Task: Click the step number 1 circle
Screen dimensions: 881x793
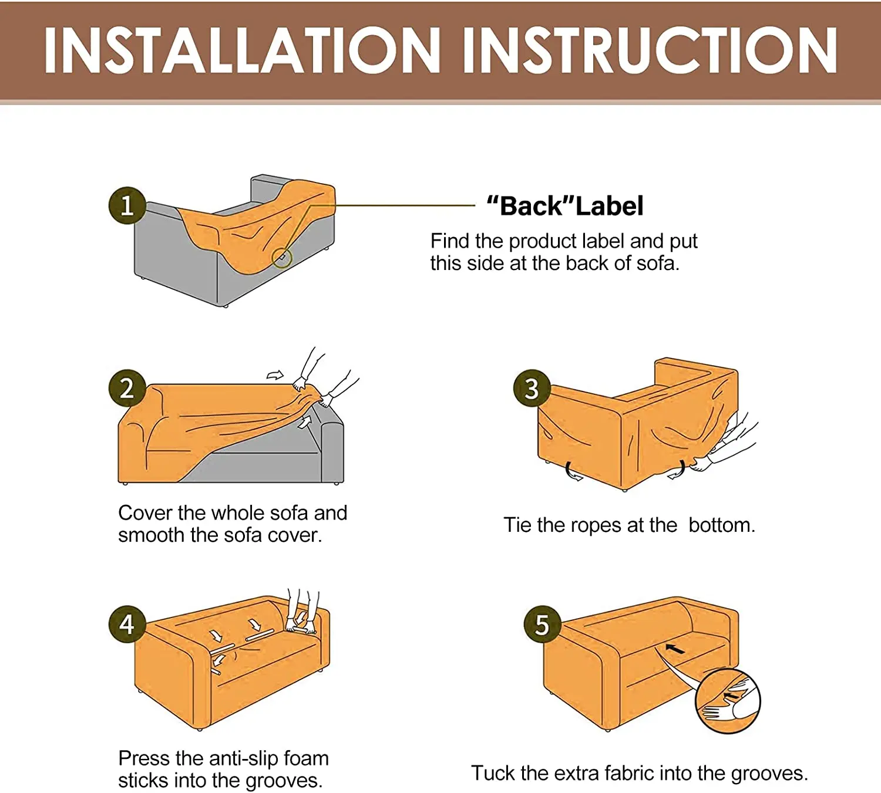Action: point(127,205)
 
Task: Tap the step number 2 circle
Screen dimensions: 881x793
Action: point(127,388)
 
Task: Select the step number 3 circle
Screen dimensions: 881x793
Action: point(532,388)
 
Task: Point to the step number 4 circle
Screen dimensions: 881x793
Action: point(127,625)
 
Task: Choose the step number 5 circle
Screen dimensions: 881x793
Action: point(542,625)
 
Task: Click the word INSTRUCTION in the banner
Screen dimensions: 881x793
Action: point(650,50)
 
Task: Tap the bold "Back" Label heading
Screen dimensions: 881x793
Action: point(565,205)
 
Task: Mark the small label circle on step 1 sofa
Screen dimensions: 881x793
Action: point(282,258)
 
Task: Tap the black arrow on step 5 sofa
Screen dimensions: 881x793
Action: point(675,649)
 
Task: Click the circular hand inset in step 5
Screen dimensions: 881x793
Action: point(728,701)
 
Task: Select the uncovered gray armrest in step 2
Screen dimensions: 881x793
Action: point(332,453)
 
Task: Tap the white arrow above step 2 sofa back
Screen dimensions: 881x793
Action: point(275,375)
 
